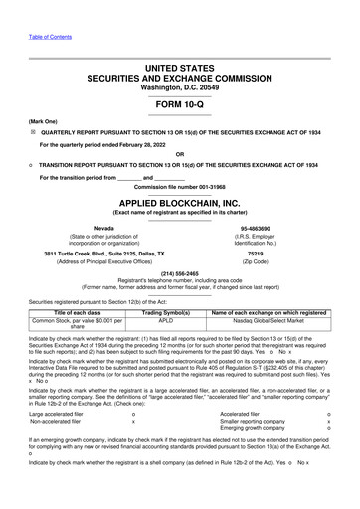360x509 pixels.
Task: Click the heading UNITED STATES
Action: point(179,66)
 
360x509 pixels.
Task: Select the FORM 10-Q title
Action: point(179,105)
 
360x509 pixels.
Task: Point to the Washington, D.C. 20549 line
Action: point(179,87)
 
